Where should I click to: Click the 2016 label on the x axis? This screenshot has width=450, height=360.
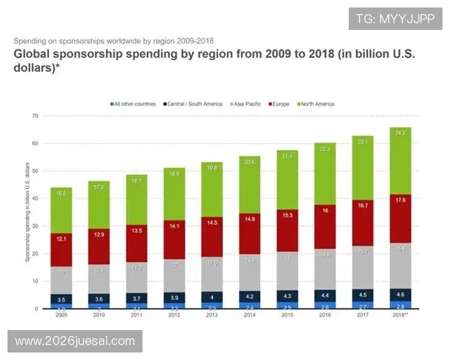[x=324, y=316]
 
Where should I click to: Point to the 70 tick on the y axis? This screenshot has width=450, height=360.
[x=34, y=116]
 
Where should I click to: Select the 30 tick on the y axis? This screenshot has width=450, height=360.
[x=34, y=226]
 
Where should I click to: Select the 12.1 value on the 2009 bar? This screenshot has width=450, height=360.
[x=61, y=238]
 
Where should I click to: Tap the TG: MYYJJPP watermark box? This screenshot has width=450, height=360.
[x=395, y=18]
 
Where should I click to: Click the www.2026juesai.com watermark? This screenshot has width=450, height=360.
[x=75, y=341]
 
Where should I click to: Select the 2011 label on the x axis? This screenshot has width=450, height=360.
[x=136, y=316]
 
